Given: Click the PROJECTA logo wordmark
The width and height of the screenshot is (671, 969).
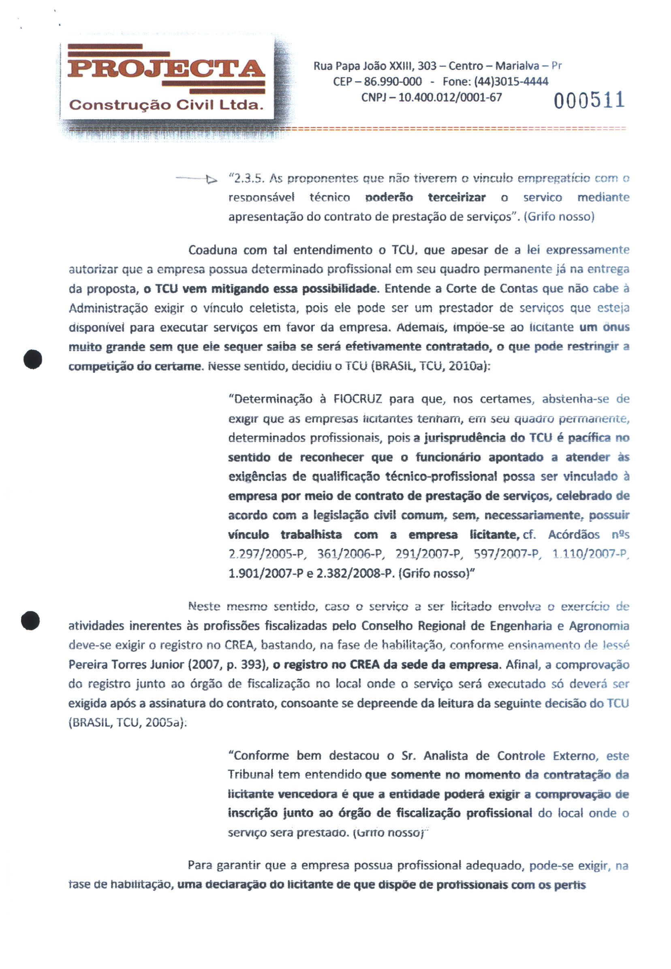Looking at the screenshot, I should point(167,69).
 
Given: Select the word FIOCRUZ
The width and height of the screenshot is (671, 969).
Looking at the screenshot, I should point(358,399).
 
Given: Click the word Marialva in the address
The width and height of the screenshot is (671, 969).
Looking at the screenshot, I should point(517,66).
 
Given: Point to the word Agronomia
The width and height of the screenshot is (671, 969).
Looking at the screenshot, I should point(599,626).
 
